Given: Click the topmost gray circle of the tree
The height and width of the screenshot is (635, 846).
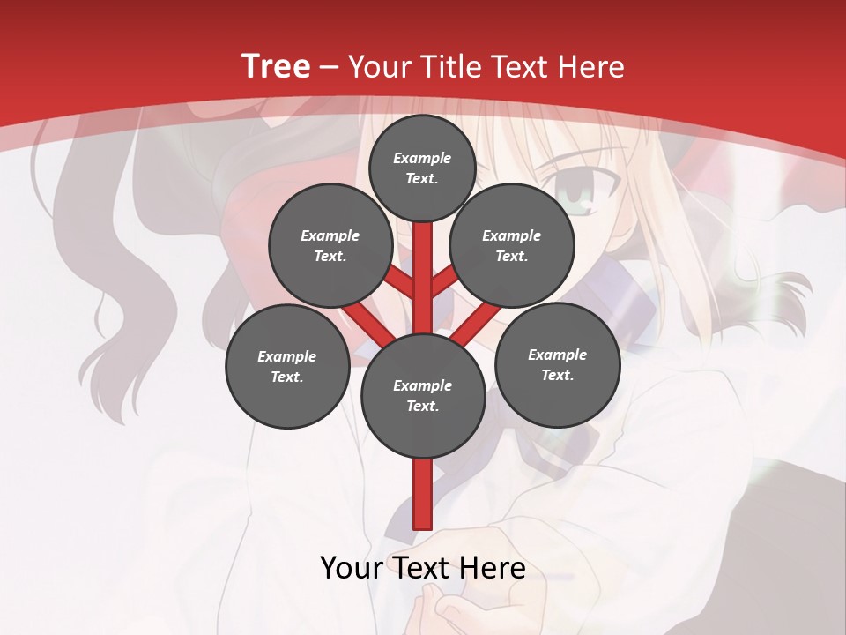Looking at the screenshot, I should click(x=422, y=168).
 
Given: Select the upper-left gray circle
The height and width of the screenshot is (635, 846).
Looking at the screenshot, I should click(x=330, y=246).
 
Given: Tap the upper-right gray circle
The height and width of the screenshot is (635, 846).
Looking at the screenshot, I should click(x=511, y=246).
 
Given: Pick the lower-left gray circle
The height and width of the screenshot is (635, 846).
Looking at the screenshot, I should click(x=287, y=366).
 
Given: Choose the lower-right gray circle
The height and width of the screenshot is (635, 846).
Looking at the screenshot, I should click(x=557, y=364).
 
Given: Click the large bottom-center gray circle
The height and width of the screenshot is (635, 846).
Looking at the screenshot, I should click(x=423, y=396).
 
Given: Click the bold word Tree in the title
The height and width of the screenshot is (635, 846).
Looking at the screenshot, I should click(x=276, y=66).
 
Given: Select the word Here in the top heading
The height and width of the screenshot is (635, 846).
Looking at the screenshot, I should click(x=592, y=66).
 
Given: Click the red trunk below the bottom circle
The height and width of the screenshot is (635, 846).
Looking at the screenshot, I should click(x=423, y=494).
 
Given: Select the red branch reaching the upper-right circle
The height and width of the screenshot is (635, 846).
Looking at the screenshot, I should click(x=445, y=282).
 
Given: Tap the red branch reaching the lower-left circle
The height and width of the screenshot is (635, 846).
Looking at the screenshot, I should click(x=364, y=323).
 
